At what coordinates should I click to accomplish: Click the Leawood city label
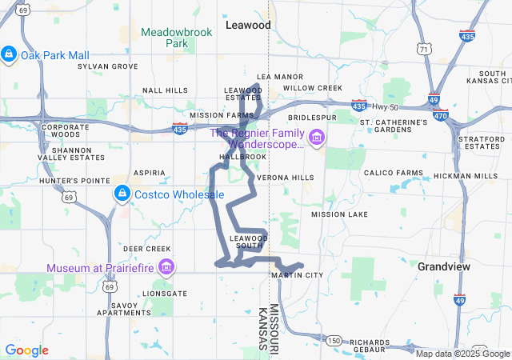point(248,26)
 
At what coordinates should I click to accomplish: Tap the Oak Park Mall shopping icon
point(8,54)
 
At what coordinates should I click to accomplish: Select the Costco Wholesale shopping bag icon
point(122,194)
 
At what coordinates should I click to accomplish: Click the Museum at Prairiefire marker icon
point(166,267)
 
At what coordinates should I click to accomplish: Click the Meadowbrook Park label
point(166,38)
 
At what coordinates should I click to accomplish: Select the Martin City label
point(297,275)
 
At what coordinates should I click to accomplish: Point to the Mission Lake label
point(340,214)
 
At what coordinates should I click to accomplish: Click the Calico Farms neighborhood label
point(393,173)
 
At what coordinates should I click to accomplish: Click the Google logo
point(26,350)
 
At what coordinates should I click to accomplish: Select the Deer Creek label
point(146,249)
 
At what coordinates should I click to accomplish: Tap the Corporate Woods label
point(66,130)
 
